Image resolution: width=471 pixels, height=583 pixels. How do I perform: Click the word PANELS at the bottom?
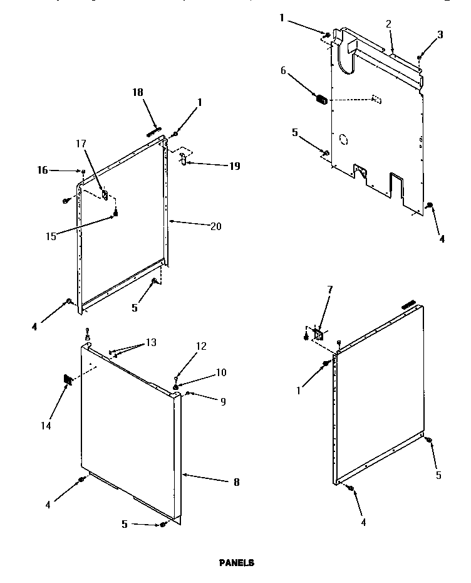pyautogui.click(x=236, y=563)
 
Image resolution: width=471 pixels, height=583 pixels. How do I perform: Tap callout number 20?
pyautogui.click(x=216, y=226)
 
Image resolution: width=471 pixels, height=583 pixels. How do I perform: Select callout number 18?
pyautogui.click(x=138, y=92)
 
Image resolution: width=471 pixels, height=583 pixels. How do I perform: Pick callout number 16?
pyautogui.click(x=43, y=169)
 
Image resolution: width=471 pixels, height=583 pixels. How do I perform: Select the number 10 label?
pyautogui.click(x=220, y=372)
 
